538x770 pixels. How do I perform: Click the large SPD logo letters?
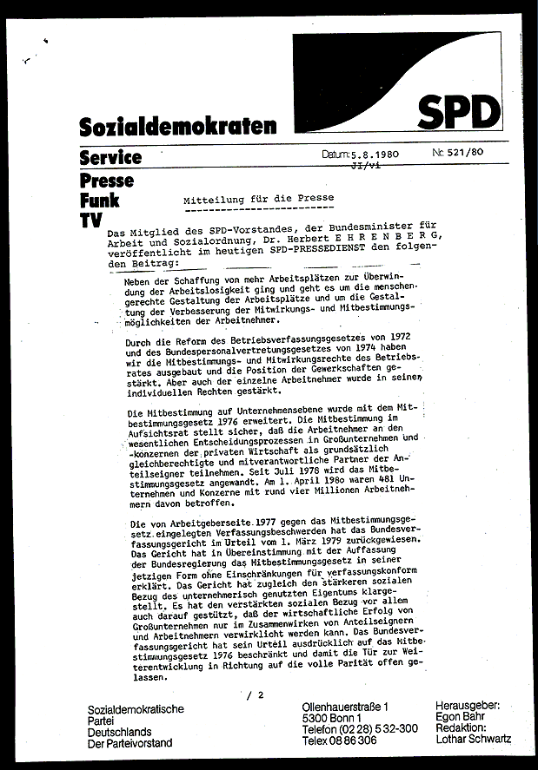tap(460, 111)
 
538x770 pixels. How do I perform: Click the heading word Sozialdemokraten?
tap(178, 127)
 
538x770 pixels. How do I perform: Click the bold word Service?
tap(110, 158)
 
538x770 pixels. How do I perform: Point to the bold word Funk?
tap(99, 201)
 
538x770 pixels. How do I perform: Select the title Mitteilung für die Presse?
tap(259, 199)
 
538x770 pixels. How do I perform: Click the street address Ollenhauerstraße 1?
tap(345, 708)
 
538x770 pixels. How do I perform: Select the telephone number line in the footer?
tap(359, 730)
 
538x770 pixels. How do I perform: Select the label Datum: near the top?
tap(335, 154)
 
